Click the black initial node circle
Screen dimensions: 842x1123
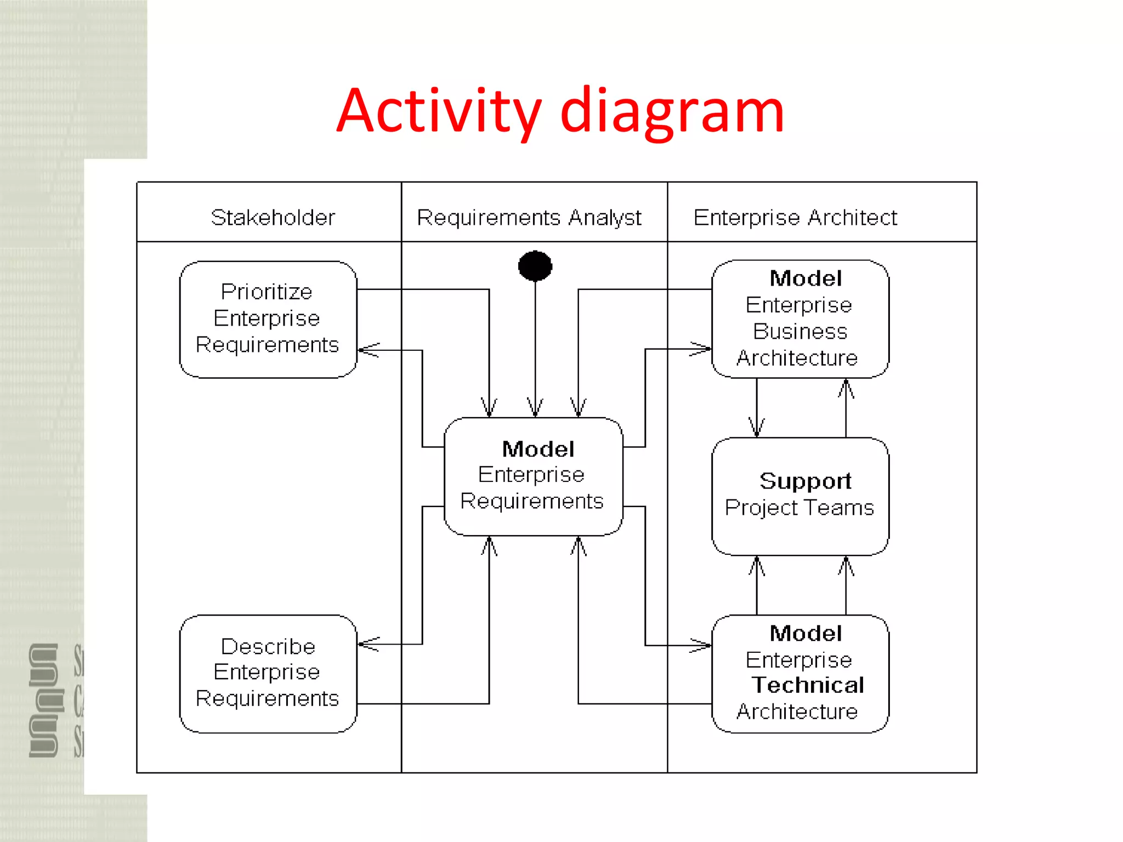[x=535, y=266]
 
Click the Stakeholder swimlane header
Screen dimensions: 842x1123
[x=273, y=218]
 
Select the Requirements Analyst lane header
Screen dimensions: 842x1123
[x=529, y=218]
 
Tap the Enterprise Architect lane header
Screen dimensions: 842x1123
[x=795, y=218]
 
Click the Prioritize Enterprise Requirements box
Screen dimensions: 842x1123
[x=268, y=319]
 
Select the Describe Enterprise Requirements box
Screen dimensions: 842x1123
[x=268, y=673]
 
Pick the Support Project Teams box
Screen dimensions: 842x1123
[x=799, y=496]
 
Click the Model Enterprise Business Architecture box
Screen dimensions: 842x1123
[x=799, y=319]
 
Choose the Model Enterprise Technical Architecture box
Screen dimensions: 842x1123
[x=799, y=673]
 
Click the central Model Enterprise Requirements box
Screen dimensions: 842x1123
[x=533, y=476]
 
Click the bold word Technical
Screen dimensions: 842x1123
[x=807, y=685]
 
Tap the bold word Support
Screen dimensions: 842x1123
[x=805, y=481]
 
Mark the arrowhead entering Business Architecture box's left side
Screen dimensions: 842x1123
[x=701, y=349]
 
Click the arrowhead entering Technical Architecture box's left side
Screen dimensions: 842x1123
[x=701, y=645]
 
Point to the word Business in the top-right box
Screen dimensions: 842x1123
[x=799, y=332]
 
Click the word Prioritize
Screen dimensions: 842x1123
[x=266, y=292]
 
